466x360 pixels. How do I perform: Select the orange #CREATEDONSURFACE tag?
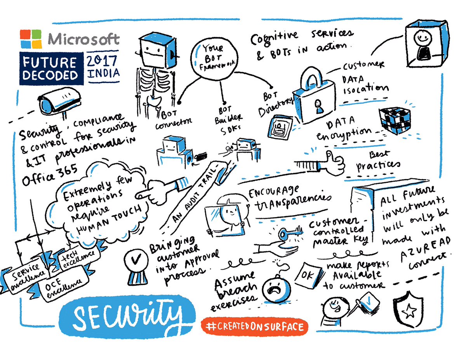pos(254,327)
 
